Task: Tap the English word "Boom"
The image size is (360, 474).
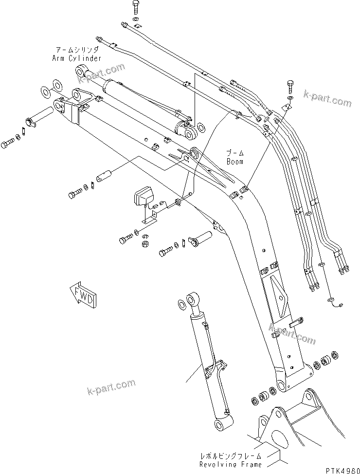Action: click(x=234, y=161)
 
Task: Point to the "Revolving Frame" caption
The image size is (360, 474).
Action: click(x=231, y=464)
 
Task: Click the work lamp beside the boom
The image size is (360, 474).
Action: click(x=141, y=197)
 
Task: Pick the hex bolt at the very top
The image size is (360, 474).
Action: click(x=136, y=7)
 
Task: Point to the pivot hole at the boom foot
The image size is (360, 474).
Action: click(x=281, y=388)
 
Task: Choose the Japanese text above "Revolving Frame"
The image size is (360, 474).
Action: click(x=231, y=456)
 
